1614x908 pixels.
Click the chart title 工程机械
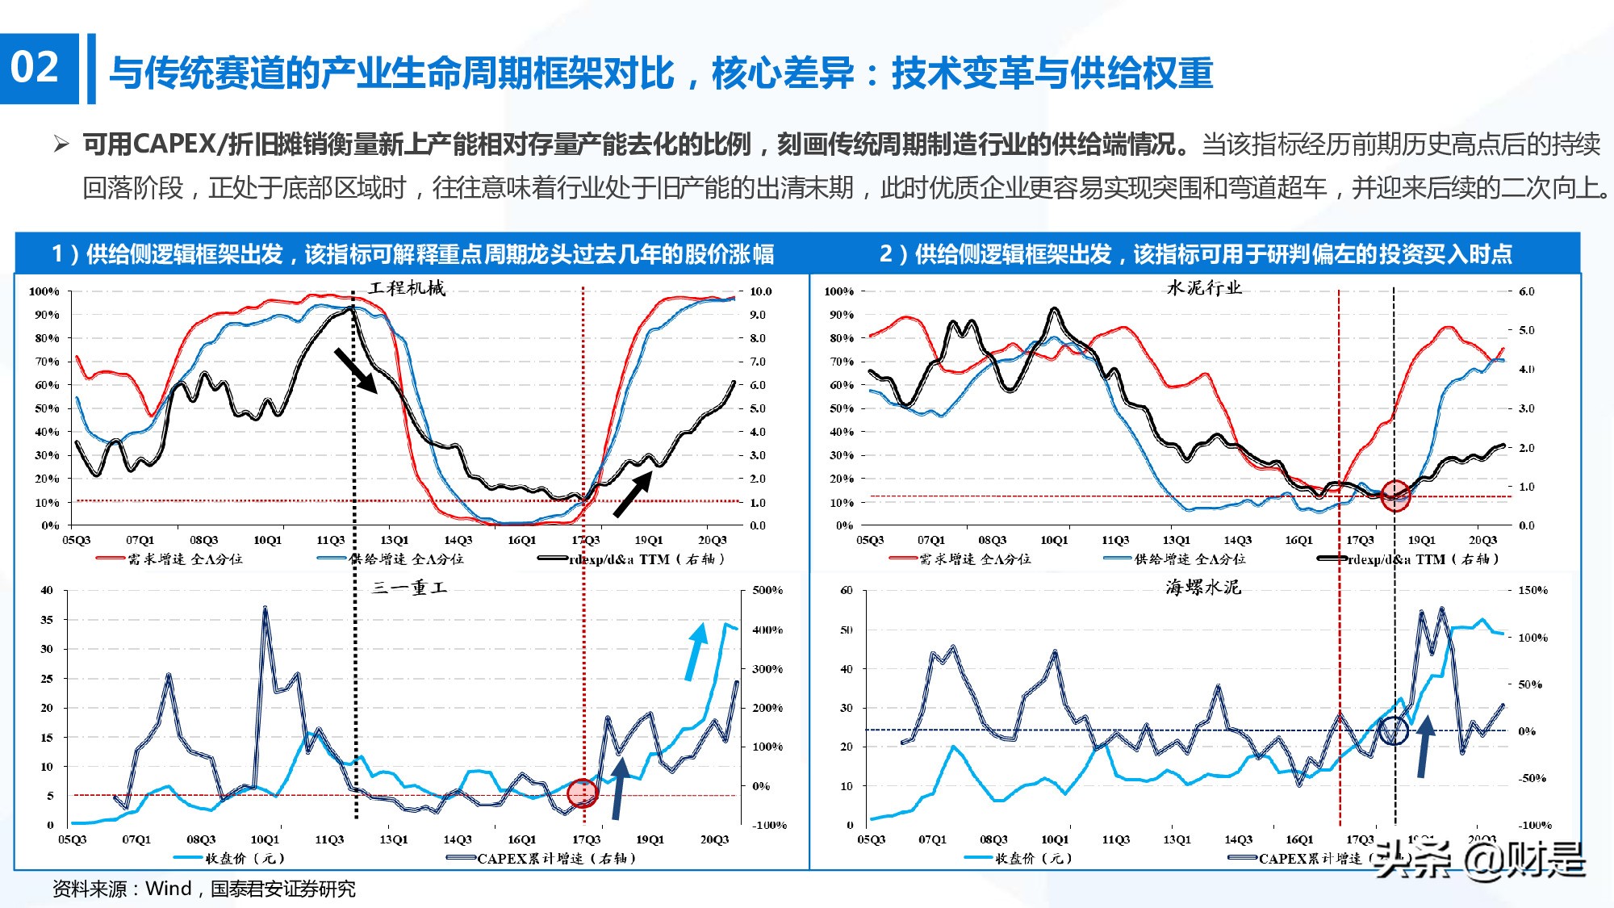pyautogui.click(x=407, y=288)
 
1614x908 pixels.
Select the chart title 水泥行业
pyautogui.click(x=1204, y=288)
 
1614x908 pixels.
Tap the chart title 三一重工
pyautogui.click(x=409, y=588)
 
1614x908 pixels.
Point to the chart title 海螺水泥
pyautogui.click(x=1202, y=588)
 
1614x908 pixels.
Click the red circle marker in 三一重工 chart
pyautogui.click(x=582, y=793)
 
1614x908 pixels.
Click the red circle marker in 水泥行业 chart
pyautogui.click(x=1395, y=495)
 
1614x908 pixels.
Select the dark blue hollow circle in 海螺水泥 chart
pyautogui.click(x=1393, y=731)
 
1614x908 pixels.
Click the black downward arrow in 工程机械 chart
pyautogui.click(x=356, y=371)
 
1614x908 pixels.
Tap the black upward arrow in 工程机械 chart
pyautogui.click(x=633, y=494)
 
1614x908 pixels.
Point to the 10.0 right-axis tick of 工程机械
pyautogui.click(x=760, y=291)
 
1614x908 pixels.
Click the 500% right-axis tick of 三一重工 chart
pyautogui.click(x=767, y=590)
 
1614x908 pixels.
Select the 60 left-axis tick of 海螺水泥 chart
pyautogui.click(x=846, y=590)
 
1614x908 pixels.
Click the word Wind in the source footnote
pyautogui.click(x=168, y=889)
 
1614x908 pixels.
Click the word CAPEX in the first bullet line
pyautogui.click(x=174, y=144)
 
